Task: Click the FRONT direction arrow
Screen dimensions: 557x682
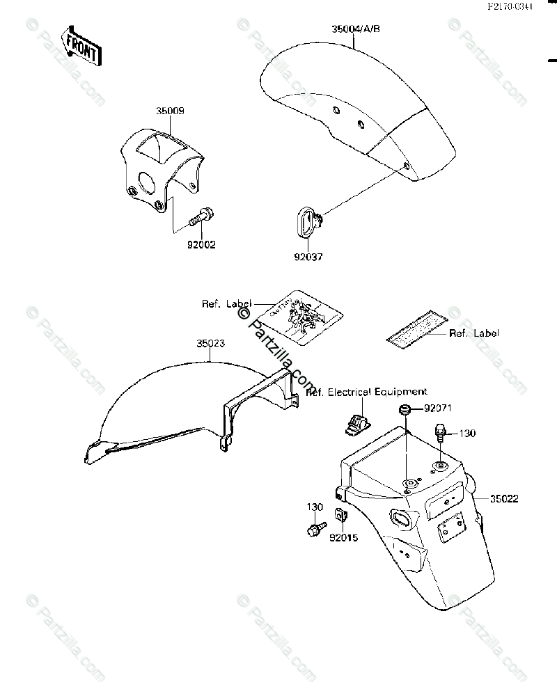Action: [x=81, y=45]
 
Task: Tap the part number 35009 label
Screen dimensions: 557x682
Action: [x=170, y=111]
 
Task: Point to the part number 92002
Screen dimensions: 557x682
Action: [x=201, y=244]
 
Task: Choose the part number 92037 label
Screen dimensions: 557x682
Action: [x=308, y=256]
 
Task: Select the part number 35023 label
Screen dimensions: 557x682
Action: [x=210, y=343]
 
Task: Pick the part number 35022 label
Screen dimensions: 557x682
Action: [x=503, y=498]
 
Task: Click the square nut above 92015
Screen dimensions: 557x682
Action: [x=341, y=516]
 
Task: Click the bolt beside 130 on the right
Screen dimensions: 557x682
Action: [x=440, y=432]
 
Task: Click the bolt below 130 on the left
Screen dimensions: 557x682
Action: [x=315, y=531]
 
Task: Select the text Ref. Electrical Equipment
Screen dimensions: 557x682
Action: [x=367, y=392]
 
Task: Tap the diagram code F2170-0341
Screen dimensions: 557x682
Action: [x=510, y=7]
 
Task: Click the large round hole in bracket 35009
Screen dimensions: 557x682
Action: [x=147, y=182]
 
